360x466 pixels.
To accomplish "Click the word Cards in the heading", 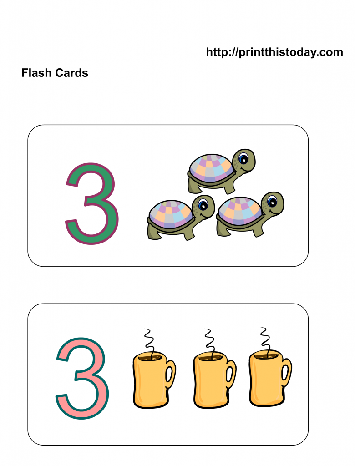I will (x=71, y=73).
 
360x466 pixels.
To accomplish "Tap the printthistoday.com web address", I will (x=274, y=52).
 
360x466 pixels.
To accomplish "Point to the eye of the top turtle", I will (x=243, y=159).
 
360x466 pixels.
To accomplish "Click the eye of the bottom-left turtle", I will (x=203, y=205).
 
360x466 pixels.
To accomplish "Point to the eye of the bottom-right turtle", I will (x=272, y=201).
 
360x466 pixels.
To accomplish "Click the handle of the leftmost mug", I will (x=170, y=374).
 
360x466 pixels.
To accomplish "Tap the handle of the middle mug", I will (x=231, y=374).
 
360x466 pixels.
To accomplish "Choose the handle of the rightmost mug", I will (x=286, y=372).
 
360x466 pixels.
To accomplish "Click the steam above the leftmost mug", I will (x=149, y=339).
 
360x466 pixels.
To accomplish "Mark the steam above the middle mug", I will (x=209, y=339).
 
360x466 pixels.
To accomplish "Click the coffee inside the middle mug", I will (x=211, y=357).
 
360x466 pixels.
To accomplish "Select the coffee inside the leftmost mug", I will (x=150, y=357).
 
